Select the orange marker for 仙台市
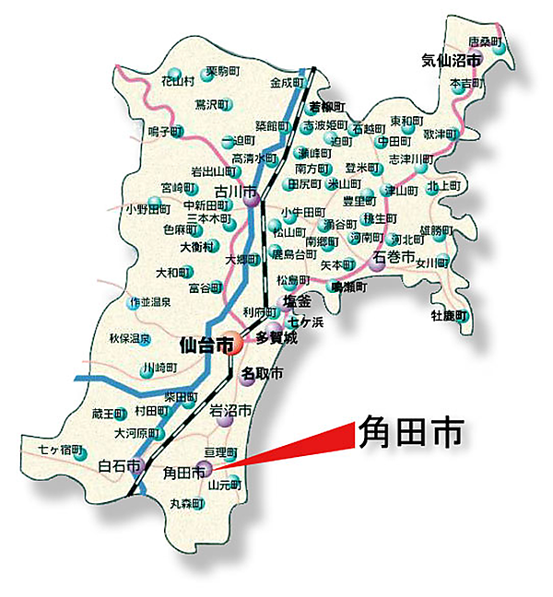pyautogui.click(x=229, y=344)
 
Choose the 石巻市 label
pyautogui.click(x=397, y=256)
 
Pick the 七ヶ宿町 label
pyautogui.click(x=56, y=451)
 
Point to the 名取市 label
pyautogui.click(x=262, y=373)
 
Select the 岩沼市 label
pyautogui.click(x=229, y=412)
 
